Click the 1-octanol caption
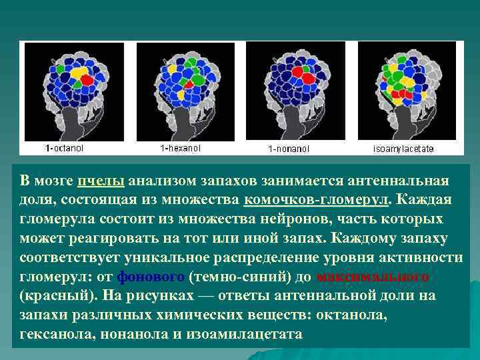[59, 146]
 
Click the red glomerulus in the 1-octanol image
[87, 80]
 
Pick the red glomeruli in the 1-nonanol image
[307, 79]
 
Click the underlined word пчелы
[101, 181]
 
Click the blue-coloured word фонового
[151, 277]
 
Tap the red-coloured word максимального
[373, 277]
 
